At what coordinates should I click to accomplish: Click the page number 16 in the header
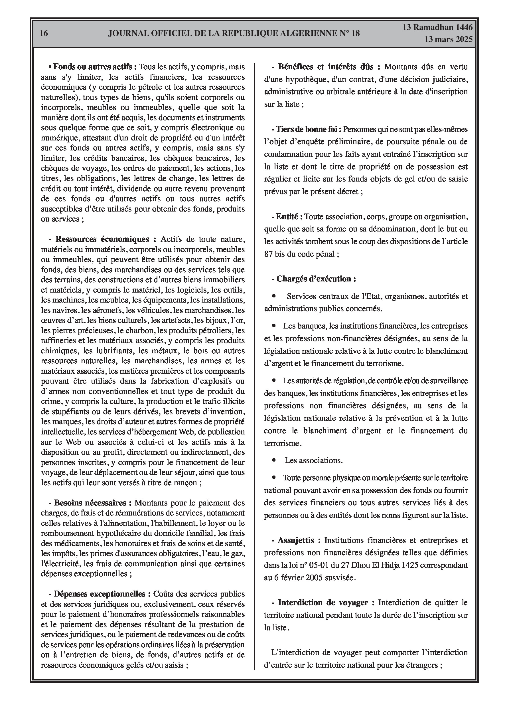[x=44, y=33]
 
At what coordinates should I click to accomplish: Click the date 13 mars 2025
[x=448, y=40]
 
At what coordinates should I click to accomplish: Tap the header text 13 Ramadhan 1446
[x=437, y=27]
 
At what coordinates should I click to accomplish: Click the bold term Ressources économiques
[x=102, y=239]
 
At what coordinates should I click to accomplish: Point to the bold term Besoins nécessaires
[x=90, y=503]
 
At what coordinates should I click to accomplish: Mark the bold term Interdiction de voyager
[x=323, y=602]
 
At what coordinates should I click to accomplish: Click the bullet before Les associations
[x=274, y=460]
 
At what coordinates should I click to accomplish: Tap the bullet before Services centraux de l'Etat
[x=274, y=296]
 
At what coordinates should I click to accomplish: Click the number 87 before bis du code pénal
[x=268, y=254]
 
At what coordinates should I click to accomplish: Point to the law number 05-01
[x=314, y=565]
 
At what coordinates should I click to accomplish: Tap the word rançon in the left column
[x=187, y=483]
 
